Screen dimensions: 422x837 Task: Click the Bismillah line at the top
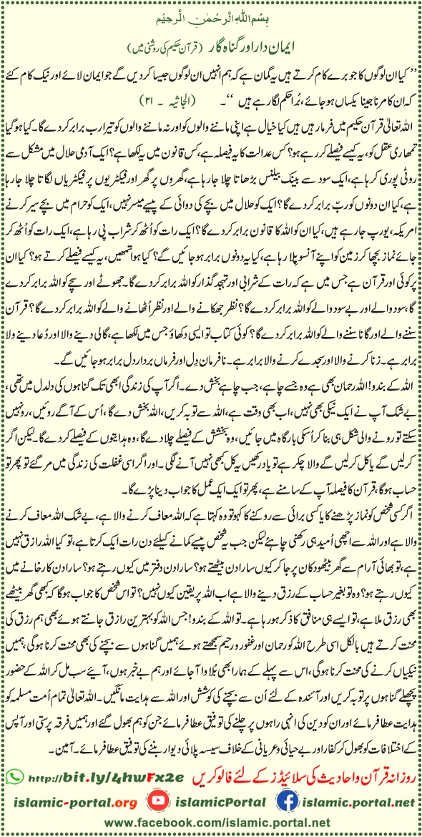click(x=212, y=9)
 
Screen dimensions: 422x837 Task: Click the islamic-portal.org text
click(x=71, y=798)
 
